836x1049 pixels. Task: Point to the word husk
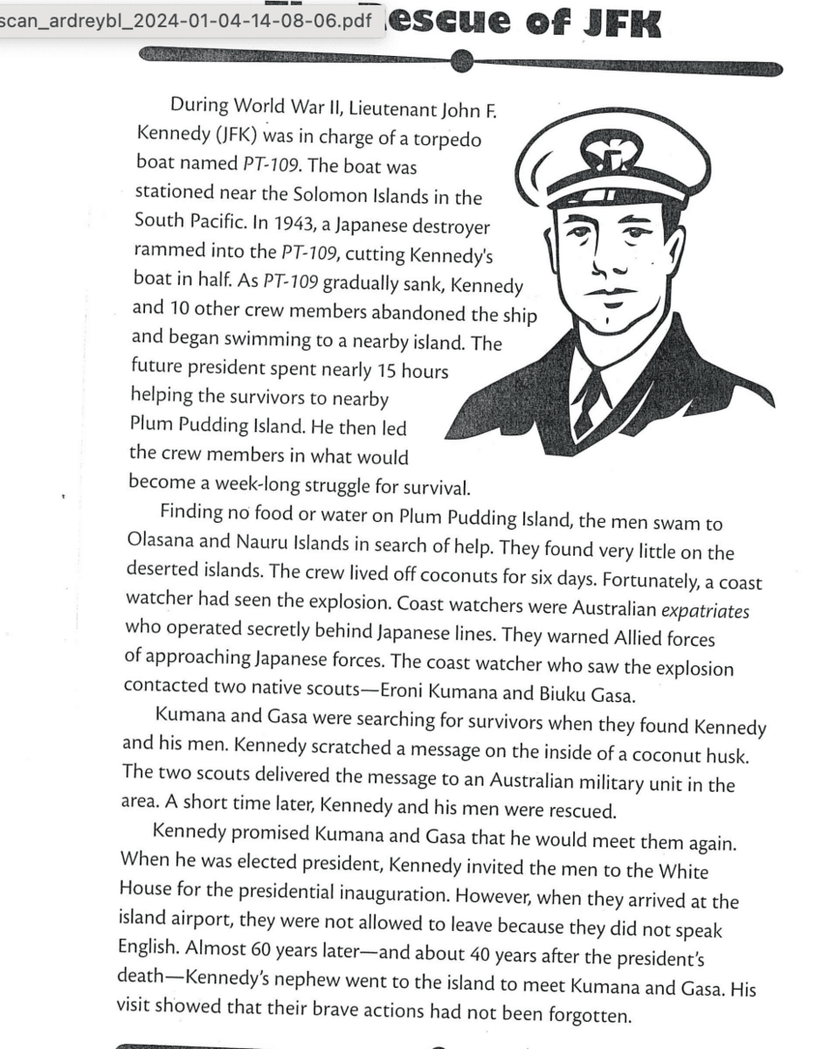743,754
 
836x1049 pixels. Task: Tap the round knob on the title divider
462,61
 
